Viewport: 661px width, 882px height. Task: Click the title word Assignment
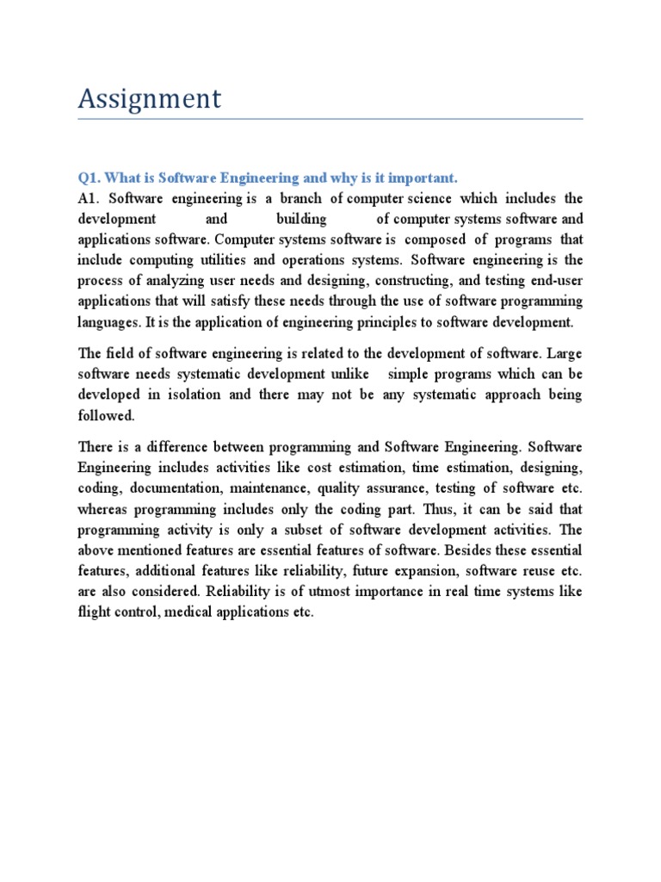click(150, 99)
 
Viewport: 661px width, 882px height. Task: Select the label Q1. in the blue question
click(90, 177)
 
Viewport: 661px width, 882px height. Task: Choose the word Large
click(563, 353)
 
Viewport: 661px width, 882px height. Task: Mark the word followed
click(106, 415)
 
